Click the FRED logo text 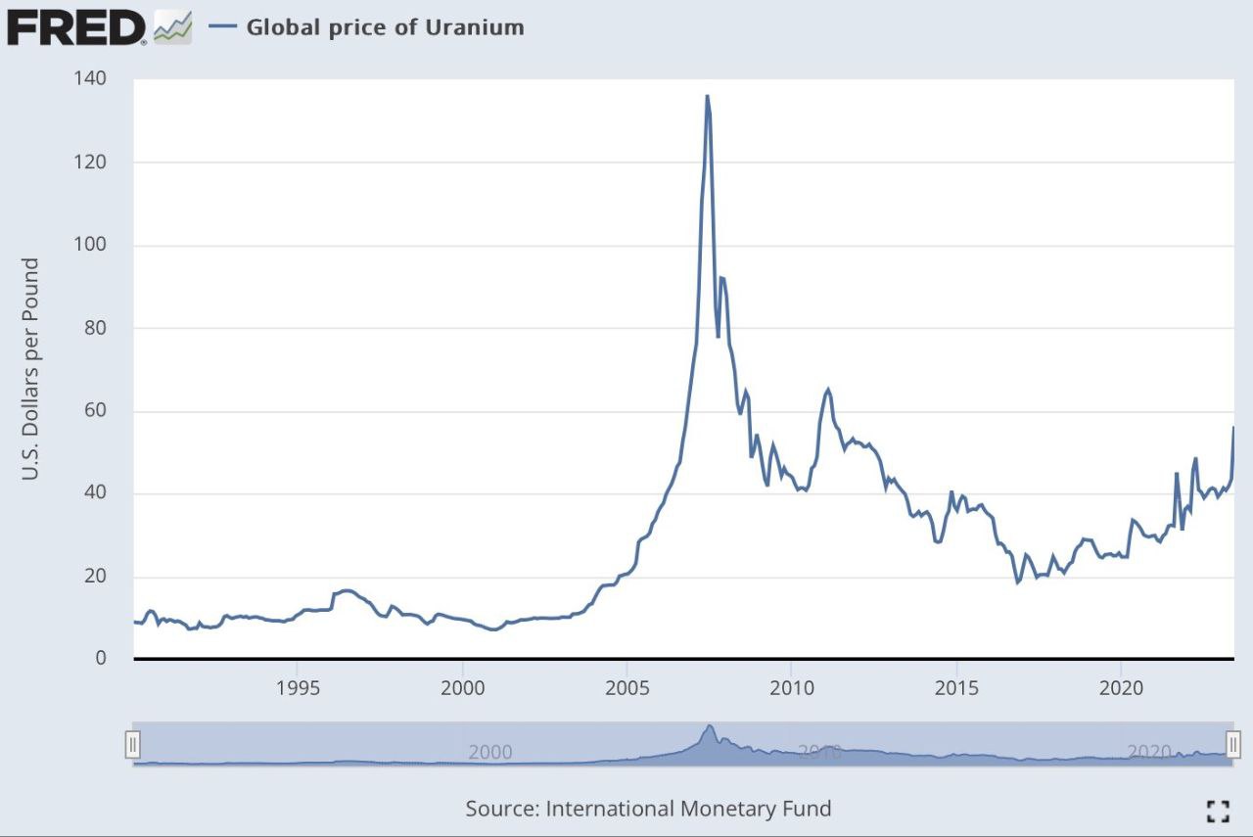[x=76, y=26]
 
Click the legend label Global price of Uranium [x=385, y=27]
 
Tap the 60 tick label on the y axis [x=95, y=411]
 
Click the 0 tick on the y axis [x=101, y=659]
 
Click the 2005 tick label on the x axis [x=626, y=687]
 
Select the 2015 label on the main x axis [x=956, y=687]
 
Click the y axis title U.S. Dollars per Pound [x=30, y=369]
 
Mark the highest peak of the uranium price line [x=707, y=96]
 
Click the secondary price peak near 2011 [x=828, y=390]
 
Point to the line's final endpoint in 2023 [x=1233, y=428]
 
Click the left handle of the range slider [x=133, y=745]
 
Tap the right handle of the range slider [x=1233, y=745]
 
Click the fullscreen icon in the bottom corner [x=1218, y=810]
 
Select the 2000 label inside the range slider [x=490, y=752]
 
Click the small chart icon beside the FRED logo [x=173, y=27]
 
